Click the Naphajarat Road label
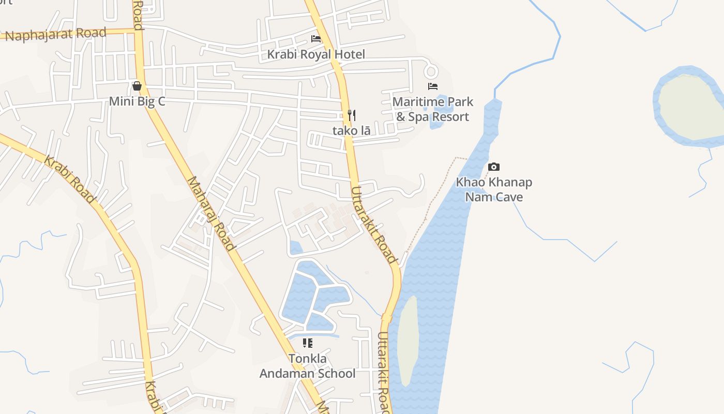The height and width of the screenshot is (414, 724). [56, 35]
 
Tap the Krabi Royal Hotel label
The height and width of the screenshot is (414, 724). [316, 54]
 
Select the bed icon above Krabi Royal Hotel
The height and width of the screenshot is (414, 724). [316, 39]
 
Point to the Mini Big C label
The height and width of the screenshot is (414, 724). [137, 101]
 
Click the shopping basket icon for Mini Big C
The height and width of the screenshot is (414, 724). [137, 86]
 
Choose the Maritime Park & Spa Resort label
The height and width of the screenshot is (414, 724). [433, 109]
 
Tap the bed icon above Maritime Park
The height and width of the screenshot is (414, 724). [433, 86]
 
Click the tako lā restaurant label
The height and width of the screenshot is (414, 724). [352, 130]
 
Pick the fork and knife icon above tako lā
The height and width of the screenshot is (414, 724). [352, 115]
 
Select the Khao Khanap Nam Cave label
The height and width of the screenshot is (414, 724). [494, 189]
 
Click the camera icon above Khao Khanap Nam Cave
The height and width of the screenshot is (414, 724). [494, 167]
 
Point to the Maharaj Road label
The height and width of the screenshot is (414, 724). [211, 213]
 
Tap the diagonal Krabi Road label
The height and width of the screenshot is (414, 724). [69, 179]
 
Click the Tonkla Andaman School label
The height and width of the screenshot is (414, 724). [308, 366]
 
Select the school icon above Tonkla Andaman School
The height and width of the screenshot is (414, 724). [308, 343]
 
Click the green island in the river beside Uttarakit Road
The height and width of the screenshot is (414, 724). [408, 339]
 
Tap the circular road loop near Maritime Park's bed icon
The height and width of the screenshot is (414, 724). [431, 70]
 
